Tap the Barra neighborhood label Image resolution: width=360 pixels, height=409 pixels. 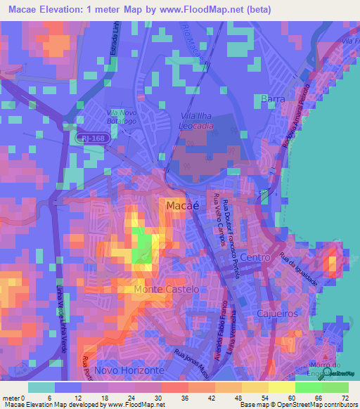tap(272, 99)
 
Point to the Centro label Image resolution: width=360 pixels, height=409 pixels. tap(255, 258)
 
